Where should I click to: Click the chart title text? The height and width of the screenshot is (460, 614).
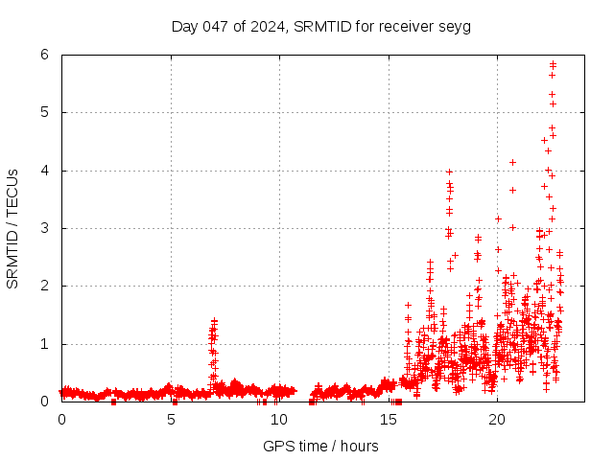coord(321,26)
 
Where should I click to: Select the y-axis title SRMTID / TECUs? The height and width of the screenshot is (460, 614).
coord(12,228)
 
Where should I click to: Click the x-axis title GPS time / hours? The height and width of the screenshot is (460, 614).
coord(320,446)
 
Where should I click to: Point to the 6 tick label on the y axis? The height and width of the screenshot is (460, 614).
coord(44,55)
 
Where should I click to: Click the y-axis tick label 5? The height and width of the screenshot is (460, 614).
coord(44,112)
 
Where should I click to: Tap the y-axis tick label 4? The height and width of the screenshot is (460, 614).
coord(44,171)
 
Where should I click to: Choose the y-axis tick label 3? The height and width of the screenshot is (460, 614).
coord(44,228)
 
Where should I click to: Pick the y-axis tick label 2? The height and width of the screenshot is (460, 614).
coord(44,286)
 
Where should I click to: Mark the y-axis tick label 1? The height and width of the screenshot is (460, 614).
coord(44,344)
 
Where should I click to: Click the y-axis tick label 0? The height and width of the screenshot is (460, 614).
coord(44,402)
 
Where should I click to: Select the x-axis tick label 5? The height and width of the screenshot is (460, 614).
coord(171,419)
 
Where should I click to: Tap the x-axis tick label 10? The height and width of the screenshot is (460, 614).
coord(279,419)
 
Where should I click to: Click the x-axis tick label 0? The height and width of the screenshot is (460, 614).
coord(62,419)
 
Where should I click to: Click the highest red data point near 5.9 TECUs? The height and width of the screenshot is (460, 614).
coord(553,63)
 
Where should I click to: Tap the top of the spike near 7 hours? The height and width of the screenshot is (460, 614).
coord(214,321)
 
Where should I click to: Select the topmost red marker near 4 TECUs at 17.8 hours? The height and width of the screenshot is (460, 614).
coord(449,172)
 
